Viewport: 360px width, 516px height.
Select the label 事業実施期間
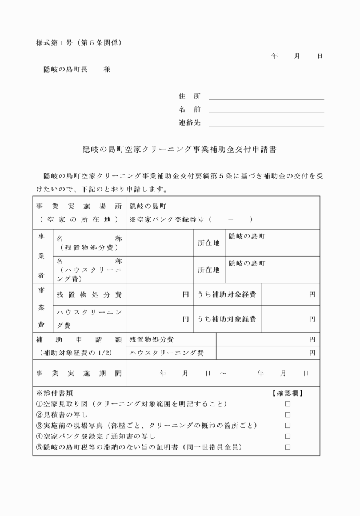point(78,373)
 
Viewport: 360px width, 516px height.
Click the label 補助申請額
point(78,339)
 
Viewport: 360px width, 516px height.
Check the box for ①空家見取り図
point(288,404)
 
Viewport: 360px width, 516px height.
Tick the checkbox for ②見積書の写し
point(288,415)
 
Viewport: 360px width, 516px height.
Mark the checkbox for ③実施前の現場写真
point(288,426)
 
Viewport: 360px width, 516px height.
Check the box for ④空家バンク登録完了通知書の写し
point(288,437)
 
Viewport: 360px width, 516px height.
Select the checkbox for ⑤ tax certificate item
point(288,447)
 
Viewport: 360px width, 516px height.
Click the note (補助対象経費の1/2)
point(78,353)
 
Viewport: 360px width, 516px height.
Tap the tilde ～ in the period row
point(222,373)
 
